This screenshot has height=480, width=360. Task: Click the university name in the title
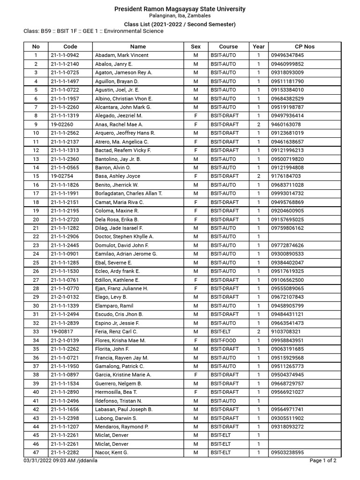click(x=180, y=9)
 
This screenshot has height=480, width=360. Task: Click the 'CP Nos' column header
click(x=305, y=46)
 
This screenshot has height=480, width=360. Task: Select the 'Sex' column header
click(x=195, y=46)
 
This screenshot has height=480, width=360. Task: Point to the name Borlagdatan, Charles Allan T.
click(x=128, y=194)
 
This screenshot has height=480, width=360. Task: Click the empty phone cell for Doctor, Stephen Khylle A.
click(x=305, y=237)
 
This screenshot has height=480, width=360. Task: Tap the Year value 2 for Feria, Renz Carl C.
click(x=258, y=332)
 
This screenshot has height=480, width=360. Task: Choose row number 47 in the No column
click(x=36, y=452)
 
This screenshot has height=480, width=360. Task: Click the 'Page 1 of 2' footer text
click(x=323, y=460)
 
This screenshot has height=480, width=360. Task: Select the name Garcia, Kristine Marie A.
click(x=123, y=375)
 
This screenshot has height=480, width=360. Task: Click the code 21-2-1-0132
click(x=65, y=297)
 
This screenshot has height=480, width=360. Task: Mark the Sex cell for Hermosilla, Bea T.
click(x=195, y=392)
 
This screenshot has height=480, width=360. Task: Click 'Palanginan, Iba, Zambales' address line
click(x=180, y=16)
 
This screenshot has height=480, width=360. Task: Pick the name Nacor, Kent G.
click(x=112, y=452)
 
